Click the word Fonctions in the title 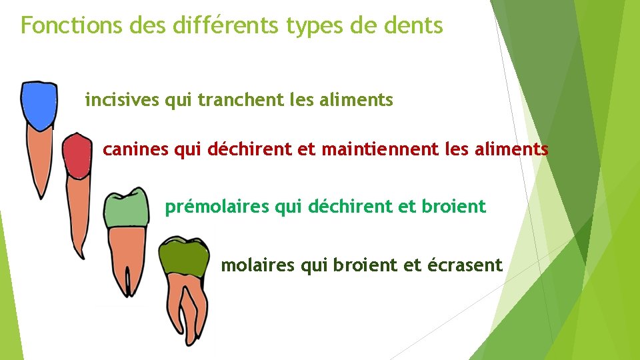pos(62,25)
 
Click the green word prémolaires pos(218,207)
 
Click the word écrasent pos(471,265)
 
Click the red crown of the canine pos(77,155)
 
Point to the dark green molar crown pos(183,257)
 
